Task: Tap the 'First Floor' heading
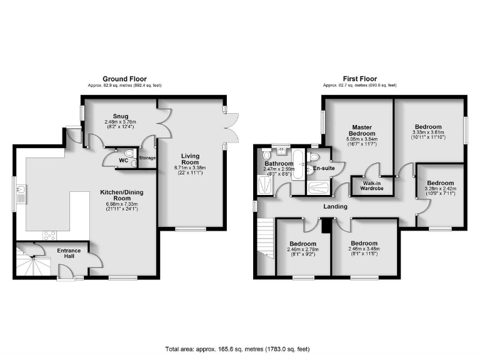359,79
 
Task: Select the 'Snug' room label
120,116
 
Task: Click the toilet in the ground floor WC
129,153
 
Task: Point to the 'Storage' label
147,158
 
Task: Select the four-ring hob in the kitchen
49,236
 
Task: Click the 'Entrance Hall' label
69,253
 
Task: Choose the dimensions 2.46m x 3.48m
364,249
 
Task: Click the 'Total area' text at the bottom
237,348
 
